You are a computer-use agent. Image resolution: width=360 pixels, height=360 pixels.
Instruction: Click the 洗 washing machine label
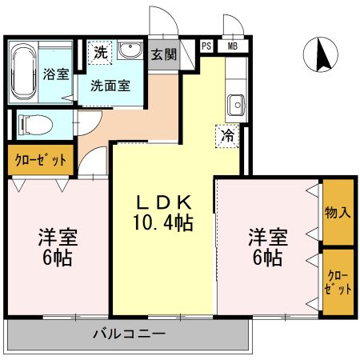(100, 54)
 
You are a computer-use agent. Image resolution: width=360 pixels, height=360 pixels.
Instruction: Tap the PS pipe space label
(207, 46)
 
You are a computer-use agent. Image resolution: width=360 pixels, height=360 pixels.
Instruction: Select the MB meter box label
(232, 46)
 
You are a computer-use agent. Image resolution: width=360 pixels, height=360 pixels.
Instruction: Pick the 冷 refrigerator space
(228, 136)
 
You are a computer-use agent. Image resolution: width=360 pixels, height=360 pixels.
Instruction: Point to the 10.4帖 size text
(163, 221)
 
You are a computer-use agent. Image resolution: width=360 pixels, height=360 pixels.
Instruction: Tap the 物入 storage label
(338, 214)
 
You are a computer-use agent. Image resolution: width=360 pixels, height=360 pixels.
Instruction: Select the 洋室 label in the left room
(58, 238)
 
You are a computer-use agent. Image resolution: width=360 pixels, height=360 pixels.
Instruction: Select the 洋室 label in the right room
(266, 238)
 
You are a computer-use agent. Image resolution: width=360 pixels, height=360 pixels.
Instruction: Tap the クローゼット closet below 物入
(338, 282)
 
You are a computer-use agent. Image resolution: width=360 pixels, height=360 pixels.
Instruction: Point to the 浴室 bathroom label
(56, 72)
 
